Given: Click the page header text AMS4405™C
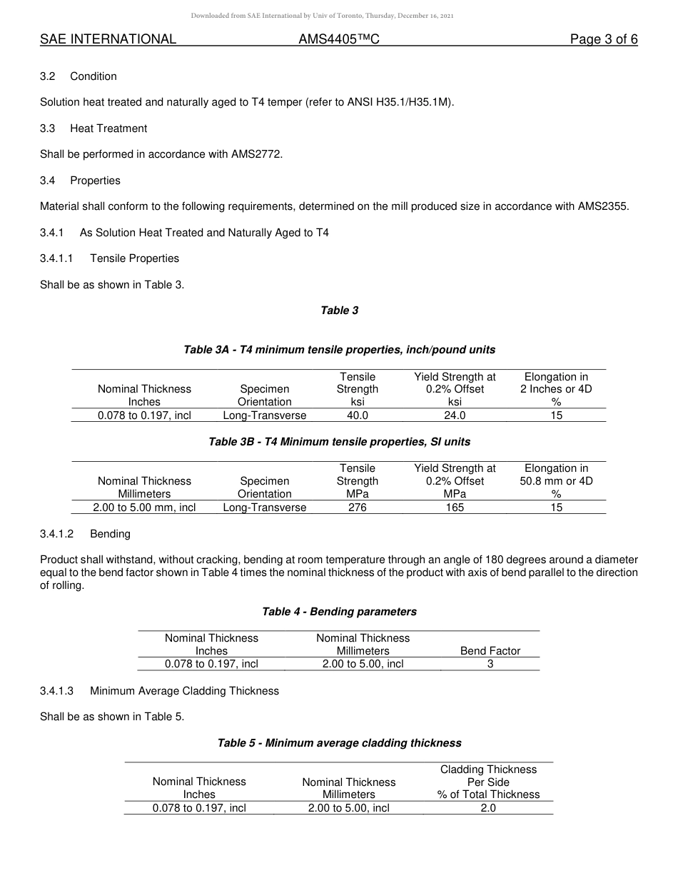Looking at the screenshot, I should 338,39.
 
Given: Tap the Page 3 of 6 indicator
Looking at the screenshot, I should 603,39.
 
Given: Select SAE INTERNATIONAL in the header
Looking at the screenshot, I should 108,39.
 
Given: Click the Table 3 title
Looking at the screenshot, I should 339,311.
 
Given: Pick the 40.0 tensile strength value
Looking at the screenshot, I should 357,415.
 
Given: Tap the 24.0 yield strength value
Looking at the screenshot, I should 455,415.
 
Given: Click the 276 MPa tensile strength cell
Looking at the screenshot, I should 357,508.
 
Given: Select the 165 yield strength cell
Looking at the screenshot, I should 455,508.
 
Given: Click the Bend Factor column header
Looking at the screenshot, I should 490,651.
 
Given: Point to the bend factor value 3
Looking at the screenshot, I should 490,664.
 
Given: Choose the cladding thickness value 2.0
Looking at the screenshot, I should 488,808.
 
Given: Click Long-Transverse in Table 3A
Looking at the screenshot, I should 264,415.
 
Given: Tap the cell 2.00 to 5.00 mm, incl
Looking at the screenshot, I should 144,508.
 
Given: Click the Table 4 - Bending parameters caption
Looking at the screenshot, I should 339,612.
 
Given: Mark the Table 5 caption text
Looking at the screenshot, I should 339,743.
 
